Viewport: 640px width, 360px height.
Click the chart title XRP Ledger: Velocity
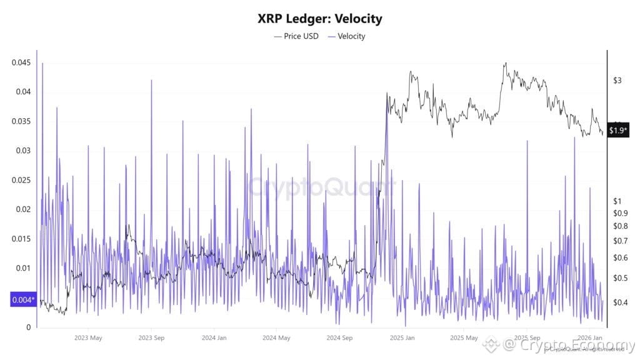pyautogui.click(x=319, y=19)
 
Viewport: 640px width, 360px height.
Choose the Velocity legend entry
pyautogui.click(x=347, y=36)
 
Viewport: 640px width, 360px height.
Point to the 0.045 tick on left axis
pyautogui.click(x=22, y=62)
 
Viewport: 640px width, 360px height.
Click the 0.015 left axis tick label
pyautogui.click(x=22, y=239)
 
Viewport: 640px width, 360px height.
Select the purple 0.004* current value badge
pyautogui.click(x=23, y=300)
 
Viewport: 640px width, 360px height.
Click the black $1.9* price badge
pyautogui.click(x=618, y=131)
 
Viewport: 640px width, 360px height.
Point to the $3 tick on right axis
pyautogui.click(x=617, y=81)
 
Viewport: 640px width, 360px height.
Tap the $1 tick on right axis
pyautogui.click(x=617, y=201)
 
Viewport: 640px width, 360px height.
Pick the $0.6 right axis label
pyautogui.click(x=621, y=257)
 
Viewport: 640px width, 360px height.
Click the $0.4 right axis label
pyautogui.click(x=621, y=302)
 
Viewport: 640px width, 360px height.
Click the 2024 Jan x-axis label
pyautogui.click(x=214, y=338)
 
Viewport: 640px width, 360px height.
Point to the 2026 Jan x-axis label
pyautogui.click(x=590, y=338)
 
